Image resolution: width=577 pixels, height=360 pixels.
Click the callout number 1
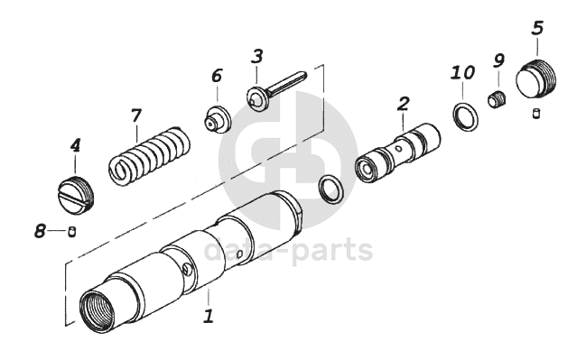click(x=209, y=316)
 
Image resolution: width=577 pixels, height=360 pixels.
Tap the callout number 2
click(x=404, y=104)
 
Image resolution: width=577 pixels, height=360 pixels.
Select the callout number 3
click(x=257, y=57)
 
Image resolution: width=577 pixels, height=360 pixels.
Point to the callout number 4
click(x=75, y=145)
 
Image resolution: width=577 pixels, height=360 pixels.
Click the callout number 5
click(x=537, y=28)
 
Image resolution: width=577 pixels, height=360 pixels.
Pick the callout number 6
click(x=217, y=76)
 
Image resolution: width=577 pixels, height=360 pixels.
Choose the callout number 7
click(x=136, y=115)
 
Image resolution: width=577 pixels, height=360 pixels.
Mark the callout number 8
click(x=40, y=231)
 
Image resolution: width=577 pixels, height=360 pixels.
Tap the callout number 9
click(x=498, y=60)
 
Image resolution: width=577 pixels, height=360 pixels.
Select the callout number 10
click(x=463, y=72)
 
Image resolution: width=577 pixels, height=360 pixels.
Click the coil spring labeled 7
click(x=150, y=156)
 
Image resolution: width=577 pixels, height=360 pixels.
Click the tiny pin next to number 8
click(x=72, y=232)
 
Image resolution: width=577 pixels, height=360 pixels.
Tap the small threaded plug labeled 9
click(x=498, y=99)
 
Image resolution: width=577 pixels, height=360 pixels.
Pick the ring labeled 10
click(x=465, y=116)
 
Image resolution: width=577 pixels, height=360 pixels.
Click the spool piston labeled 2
click(x=398, y=153)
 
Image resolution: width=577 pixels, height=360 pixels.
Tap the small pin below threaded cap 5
click(x=536, y=114)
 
